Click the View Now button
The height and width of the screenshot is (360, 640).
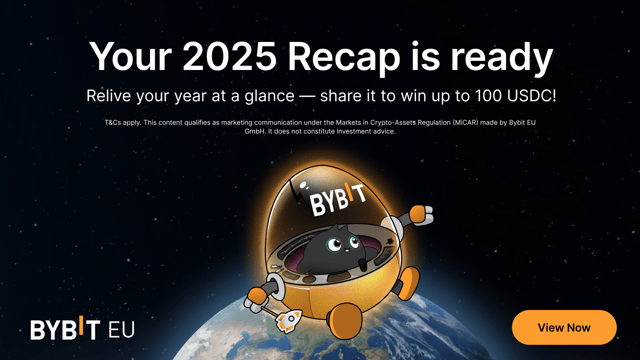click(x=564, y=327)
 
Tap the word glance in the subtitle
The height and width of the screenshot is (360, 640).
click(x=268, y=98)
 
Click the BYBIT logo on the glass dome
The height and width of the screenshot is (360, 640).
click(x=332, y=202)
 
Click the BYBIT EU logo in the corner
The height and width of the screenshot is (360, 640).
click(x=81, y=329)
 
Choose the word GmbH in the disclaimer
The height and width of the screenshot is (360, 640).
click(x=255, y=131)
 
